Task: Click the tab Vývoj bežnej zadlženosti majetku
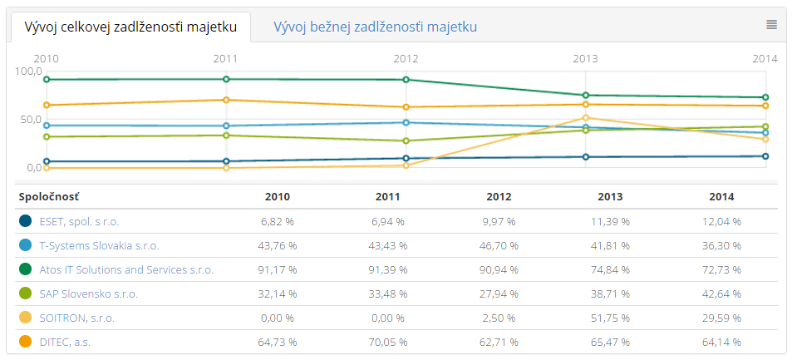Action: tap(375, 27)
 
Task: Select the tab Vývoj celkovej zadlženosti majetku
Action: tap(130, 27)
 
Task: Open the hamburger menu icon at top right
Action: tap(771, 25)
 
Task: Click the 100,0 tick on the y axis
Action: tap(28, 72)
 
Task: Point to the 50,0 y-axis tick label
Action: tap(28, 120)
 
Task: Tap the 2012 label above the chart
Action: tap(406, 59)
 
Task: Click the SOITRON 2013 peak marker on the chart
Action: tap(586, 118)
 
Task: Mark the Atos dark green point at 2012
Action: tap(406, 80)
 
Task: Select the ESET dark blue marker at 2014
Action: tap(765, 156)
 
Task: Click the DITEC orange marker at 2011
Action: tap(226, 100)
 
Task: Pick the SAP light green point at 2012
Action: tap(406, 141)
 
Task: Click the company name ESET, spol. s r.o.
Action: tap(79, 222)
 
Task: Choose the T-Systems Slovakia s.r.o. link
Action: tap(99, 246)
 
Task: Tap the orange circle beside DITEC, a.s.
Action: tap(26, 342)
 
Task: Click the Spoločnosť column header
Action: tap(49, 197)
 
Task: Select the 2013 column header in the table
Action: tap(610, 197)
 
